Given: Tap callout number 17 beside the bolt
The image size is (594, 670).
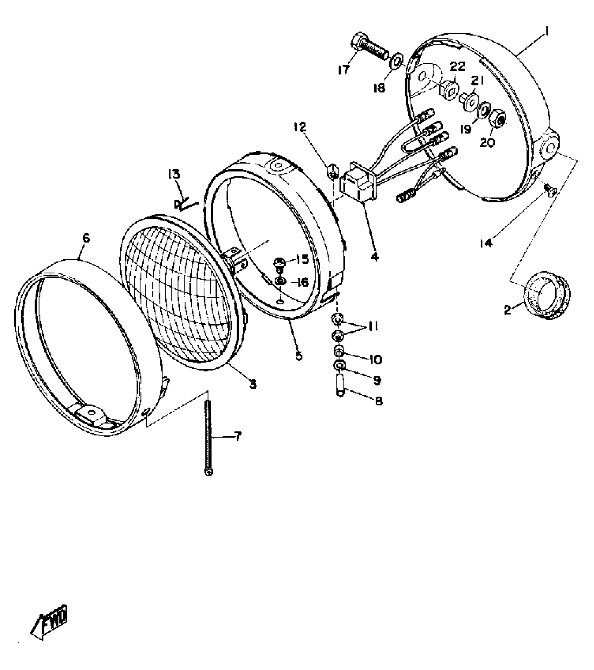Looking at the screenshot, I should [x=344, y=70].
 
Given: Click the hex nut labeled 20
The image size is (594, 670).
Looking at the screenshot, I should [x=499, y=121].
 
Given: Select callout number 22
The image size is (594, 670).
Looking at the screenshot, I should [x=457, y=66].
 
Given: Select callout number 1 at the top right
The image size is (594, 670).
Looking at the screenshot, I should [x=547, y=32].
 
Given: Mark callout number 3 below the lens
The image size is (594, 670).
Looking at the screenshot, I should [x=253, y=384].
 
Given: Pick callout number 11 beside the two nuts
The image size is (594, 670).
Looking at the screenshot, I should [x=373, y=327].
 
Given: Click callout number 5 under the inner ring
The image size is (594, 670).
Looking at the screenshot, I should [x=299, y=356].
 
